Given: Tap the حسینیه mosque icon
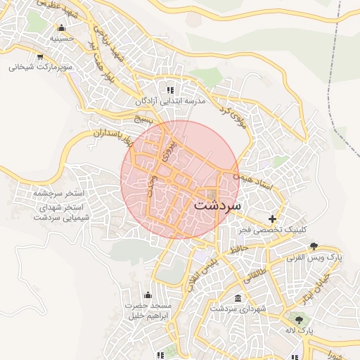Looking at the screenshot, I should coord(61,28).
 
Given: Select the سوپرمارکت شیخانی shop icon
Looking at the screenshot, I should coord(40,57).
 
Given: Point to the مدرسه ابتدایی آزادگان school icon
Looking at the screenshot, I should coord(169,90).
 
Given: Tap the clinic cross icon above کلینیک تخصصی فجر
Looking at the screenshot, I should coord(272,219).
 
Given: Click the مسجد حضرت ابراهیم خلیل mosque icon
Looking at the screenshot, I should coord(148,295).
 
